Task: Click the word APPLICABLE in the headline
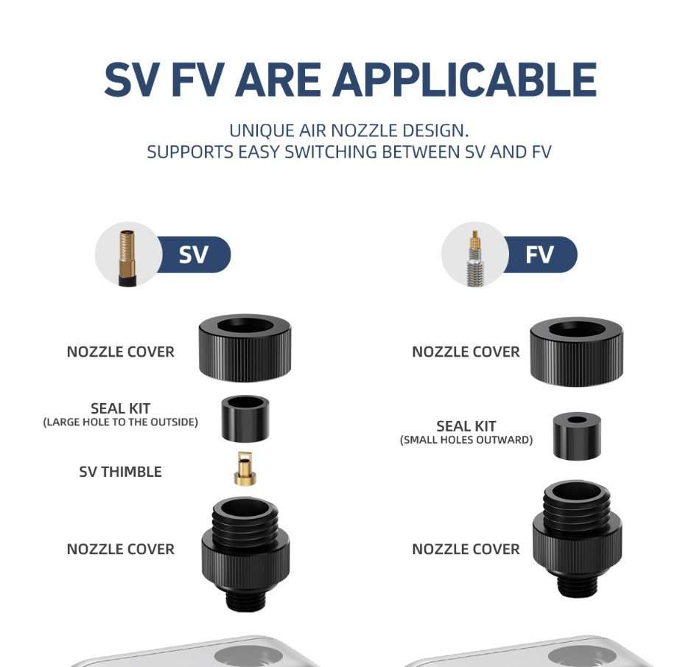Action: tap(464, 80)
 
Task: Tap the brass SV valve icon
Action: tap(127, 258)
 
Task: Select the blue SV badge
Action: tap(193, 254)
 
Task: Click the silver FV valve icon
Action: tap(475, 258)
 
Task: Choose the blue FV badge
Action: tap(539, 254)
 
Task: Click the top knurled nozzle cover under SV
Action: tap(245, 348)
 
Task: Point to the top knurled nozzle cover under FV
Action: tap(576, 352)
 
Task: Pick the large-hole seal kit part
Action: tap(245, 419)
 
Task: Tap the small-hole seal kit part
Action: tap(577, 436)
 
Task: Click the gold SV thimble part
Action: tap(245, 469)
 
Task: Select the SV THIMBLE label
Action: tap(120, 472)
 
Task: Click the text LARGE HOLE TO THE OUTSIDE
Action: tap(120, 422)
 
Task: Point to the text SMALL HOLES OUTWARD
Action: tap(466, 440)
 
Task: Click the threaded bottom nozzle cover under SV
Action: tap(245, 553)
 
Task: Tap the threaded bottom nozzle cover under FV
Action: tap(577, 538)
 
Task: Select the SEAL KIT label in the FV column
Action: tap(466, 426)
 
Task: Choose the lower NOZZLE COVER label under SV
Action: tap(120, 549)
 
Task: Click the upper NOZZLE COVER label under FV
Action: tap(466, 352)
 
